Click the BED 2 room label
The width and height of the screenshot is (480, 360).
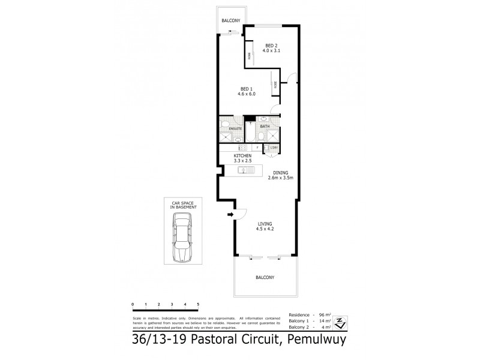tap(272, 45)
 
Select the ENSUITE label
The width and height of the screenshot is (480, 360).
tap(235, 129)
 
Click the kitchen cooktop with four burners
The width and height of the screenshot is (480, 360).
tap(227, 147)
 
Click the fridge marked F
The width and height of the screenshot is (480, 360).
tap(257, 147)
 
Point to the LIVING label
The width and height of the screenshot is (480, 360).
tap(265, 224)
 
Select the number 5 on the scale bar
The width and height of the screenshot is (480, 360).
tap(197, 305)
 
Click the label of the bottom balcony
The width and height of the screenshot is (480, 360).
tap(265, 277)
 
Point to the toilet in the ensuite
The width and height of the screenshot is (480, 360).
tap(223, 127)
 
